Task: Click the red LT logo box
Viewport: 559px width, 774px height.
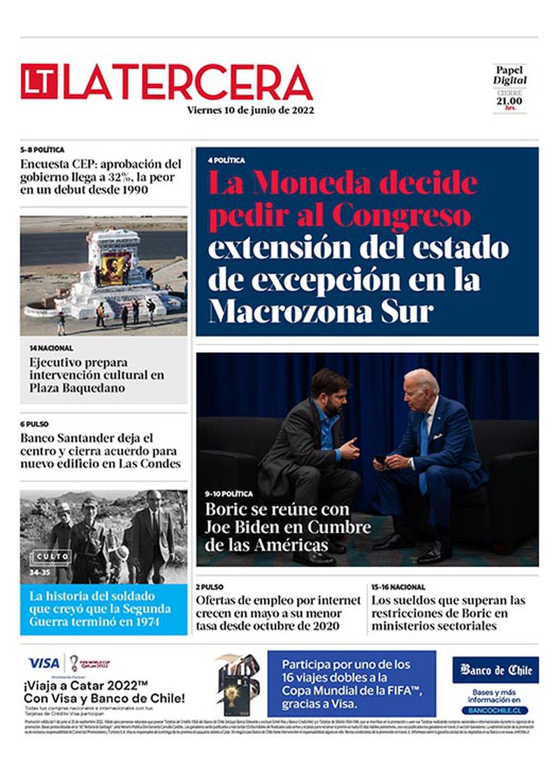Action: click(39, 82)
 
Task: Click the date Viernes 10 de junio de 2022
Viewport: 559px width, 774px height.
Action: click(250, 110)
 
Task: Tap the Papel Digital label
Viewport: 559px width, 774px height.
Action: click(510, 75)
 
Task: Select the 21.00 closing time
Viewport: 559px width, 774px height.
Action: click(510, 101)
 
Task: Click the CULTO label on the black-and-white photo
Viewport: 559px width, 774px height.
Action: click(50, 557)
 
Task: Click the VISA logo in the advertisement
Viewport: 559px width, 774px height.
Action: click(43, 663)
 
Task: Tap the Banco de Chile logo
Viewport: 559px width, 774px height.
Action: click(495, 671)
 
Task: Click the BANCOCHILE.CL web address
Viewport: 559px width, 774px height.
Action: click(495, 710)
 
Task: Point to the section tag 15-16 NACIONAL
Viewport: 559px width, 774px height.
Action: click(398, 587)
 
